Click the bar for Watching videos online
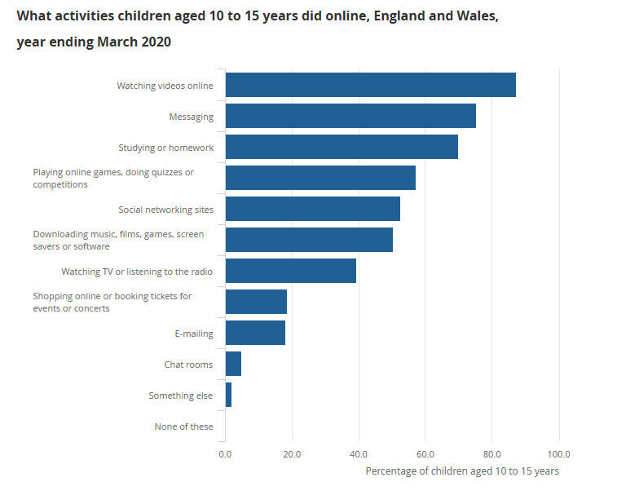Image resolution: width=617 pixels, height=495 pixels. (x=370, y=85)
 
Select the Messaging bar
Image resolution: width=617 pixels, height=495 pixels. (x=350, y=116)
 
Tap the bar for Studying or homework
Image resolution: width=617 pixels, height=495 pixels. (x=342, y=147)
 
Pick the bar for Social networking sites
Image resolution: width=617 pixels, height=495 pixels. (x=312, y=209)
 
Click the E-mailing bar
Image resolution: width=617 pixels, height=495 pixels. (x=255, y=333)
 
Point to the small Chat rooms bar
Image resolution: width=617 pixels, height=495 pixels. (x=233, y=364)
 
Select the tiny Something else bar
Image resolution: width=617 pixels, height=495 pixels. (x=228, y=395)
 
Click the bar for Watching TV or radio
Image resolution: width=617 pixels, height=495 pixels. (x=290, y=271)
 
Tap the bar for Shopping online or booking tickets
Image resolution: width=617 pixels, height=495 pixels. (x=256, y=302)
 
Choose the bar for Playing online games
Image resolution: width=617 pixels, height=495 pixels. (x=320, y=178)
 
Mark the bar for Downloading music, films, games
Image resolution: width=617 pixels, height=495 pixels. (x=309, y=240)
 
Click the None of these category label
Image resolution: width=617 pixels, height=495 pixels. (x=183, y=426)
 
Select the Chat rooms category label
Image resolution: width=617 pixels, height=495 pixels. (x=188, y=365)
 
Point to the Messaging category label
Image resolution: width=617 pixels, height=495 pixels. (x=191, y=117)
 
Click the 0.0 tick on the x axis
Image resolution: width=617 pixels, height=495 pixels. (x=225, y=453)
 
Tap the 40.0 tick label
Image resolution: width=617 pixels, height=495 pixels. (x=359, y=453)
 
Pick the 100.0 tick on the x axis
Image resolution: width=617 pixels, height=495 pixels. (x=558, y=453)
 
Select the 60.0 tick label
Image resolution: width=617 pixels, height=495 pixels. (x=425, y=453)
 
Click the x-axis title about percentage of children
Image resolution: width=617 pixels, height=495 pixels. (x=462, y=471)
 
